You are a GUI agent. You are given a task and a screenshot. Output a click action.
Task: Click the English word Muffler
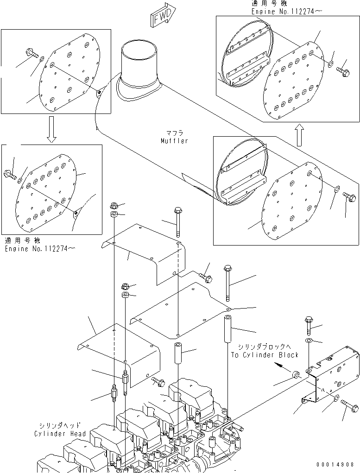pos(174,141)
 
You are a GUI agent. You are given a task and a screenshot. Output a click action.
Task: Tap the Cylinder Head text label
pos(60,434)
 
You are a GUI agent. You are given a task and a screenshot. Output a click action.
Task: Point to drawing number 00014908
pos(336,465)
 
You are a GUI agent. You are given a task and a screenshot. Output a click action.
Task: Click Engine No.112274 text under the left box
pos(40,249)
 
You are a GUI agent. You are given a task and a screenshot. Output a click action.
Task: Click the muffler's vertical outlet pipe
pos(139,65)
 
